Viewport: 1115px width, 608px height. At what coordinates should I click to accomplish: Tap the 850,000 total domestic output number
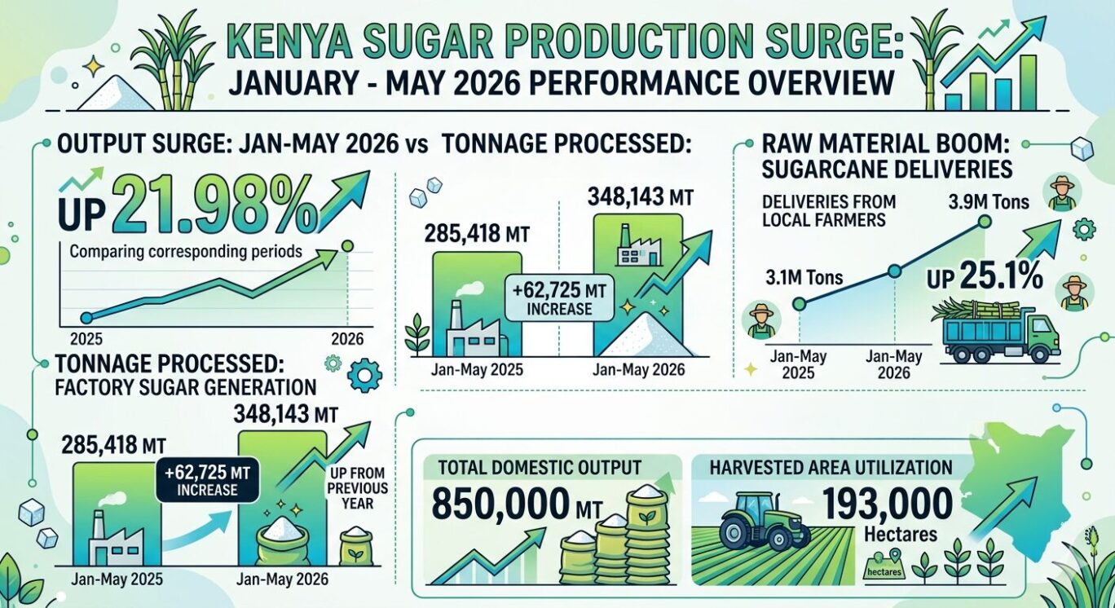pos(500,504)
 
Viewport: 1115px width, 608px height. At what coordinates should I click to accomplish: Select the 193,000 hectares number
pos(888,504)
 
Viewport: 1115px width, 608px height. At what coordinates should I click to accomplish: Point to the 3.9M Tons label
pos(989,202)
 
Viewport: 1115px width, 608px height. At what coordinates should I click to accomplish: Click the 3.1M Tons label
pos(804,278)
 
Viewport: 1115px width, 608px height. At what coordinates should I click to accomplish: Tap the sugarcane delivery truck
pos(995,331)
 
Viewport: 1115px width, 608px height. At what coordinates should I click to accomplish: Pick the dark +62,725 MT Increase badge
pos(207,481)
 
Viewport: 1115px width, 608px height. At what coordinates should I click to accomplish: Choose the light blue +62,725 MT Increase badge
pos(559,299)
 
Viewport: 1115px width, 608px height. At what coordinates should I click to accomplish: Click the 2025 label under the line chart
pos(86,339)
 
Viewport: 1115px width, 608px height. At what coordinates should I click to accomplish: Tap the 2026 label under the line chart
pos(347,339)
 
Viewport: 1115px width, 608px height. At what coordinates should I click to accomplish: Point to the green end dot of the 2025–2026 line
pos(347,246)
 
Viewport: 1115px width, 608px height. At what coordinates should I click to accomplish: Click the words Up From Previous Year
pos(357,488)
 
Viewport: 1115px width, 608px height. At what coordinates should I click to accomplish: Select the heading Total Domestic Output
pos(540,468)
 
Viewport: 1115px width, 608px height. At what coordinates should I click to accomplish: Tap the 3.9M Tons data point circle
pos(984,222)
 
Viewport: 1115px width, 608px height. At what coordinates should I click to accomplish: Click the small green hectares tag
pos(884,571)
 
